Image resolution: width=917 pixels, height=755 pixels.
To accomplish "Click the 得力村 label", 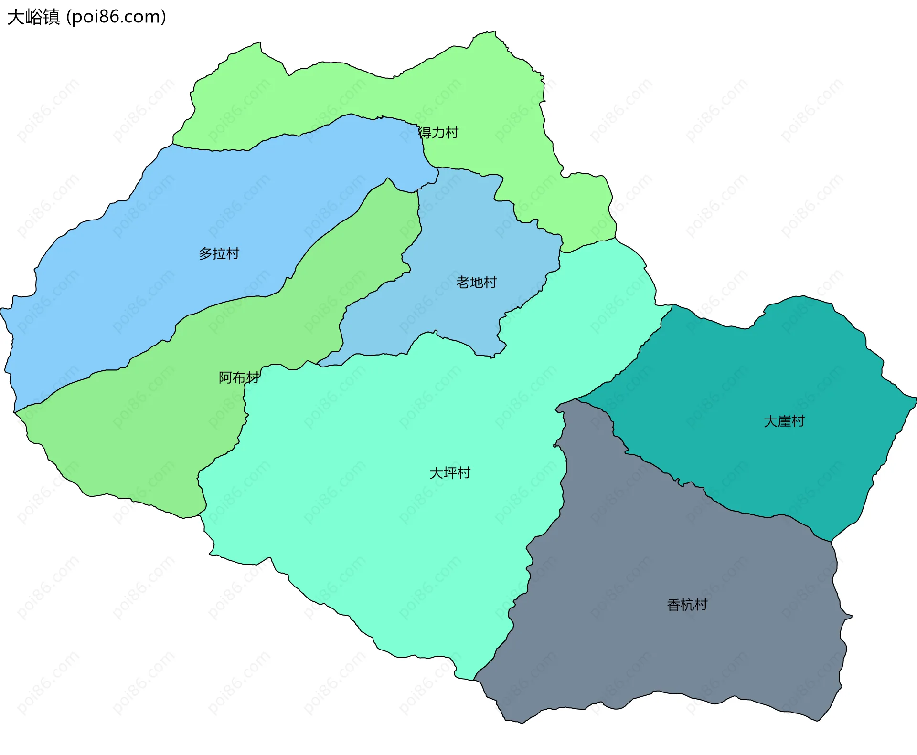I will point(438,133).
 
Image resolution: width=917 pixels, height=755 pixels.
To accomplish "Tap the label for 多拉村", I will point(219,253).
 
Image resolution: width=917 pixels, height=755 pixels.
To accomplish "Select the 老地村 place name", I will point(476,283).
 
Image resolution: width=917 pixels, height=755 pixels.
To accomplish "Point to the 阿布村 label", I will point(239,377).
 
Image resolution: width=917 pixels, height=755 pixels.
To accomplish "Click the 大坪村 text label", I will point(450,473).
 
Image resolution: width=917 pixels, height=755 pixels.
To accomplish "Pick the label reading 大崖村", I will point(784,421).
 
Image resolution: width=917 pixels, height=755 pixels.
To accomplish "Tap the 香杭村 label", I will point(687,605).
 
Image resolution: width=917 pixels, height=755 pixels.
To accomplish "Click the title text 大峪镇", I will point(33,17).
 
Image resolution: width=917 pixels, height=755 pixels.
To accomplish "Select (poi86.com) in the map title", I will point(116,17).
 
